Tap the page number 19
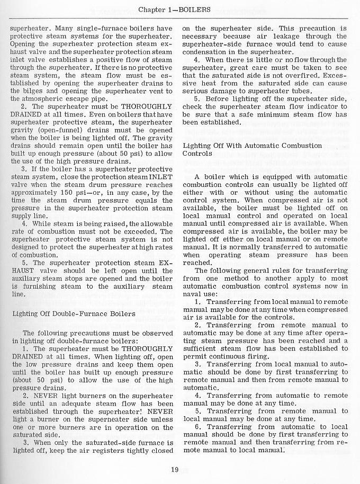175,469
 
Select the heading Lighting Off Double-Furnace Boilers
74,313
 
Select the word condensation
204,52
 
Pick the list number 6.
197,427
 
